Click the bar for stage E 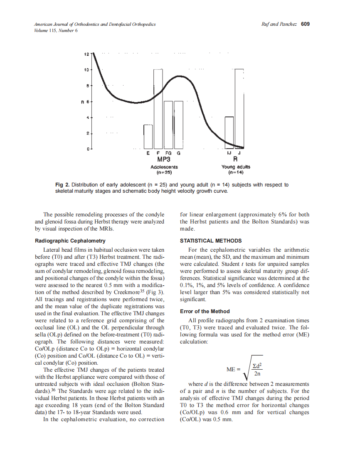pos(148,136)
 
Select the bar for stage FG pos(168,125)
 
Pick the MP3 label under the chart pos(164,159)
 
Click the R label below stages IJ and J pos(235,159)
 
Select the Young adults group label pos(236,167)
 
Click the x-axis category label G pos(178,153)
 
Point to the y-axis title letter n pos(83,101)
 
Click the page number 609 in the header pos(305,24)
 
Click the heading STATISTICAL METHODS pos(210,241)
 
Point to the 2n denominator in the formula pos(257,373)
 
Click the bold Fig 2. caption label pos(62,185)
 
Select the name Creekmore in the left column pos(124,294)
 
